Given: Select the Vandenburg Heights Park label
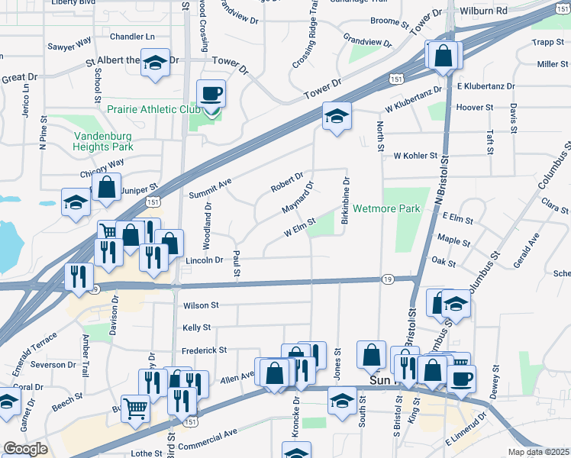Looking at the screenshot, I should tap(103, 141).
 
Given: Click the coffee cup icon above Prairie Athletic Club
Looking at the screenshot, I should tap(211, 94).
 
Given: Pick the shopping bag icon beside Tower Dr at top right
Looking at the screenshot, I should tap(442, 56).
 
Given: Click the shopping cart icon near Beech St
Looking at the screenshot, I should tap(135, 408).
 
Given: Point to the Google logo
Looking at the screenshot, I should tap(25, 449).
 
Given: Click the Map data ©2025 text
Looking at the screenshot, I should tap(537, 452).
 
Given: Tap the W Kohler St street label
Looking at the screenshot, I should tap(415, 156).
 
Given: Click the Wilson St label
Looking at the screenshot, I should tap(201, 305).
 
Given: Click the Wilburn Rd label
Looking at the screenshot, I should tap(484, 11).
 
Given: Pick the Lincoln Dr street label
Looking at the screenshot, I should tap(204, 260).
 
